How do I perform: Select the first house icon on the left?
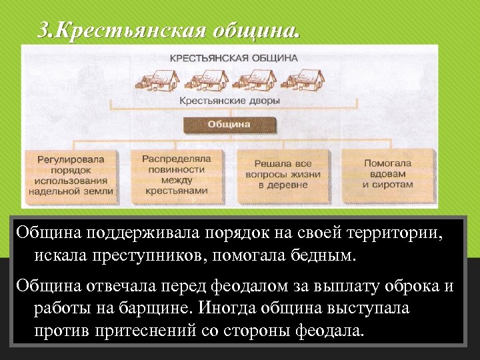pos(157,79)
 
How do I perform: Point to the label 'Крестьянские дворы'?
pos(229,101)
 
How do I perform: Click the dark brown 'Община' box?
pos(229,125)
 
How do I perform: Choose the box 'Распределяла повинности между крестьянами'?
pos(176,175)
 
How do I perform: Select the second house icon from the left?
pos(206,79)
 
